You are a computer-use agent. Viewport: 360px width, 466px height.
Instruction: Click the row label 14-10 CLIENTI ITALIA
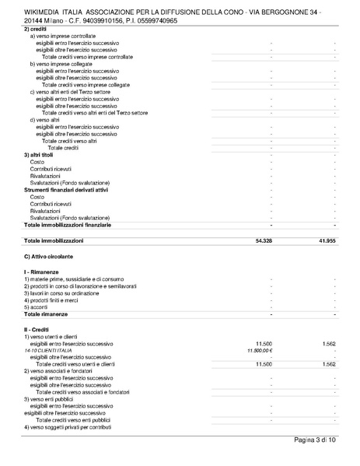click(51, 351)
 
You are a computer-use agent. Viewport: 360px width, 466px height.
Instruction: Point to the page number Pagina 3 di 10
click(315, 440)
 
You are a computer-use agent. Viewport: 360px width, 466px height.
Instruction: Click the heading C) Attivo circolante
click(48, 256)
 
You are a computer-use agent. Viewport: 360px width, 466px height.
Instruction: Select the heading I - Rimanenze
click(43, 272)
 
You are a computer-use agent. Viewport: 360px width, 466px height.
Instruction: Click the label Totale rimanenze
click(46, 314)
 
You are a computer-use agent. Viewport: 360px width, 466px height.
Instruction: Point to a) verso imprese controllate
click(63, 36)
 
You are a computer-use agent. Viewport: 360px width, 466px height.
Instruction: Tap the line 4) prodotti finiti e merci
click(51, 300)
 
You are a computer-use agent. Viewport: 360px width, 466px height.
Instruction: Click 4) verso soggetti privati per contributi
click(72, 427)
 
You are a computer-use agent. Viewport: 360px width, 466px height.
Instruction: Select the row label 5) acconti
click(37, 307)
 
